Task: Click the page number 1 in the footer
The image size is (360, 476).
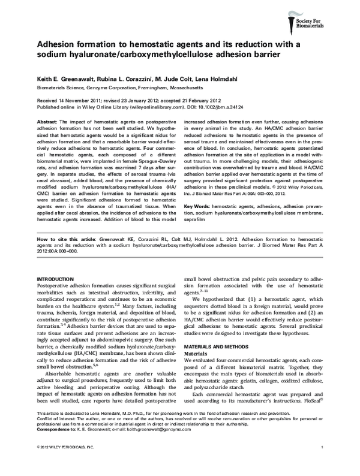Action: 322,465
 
